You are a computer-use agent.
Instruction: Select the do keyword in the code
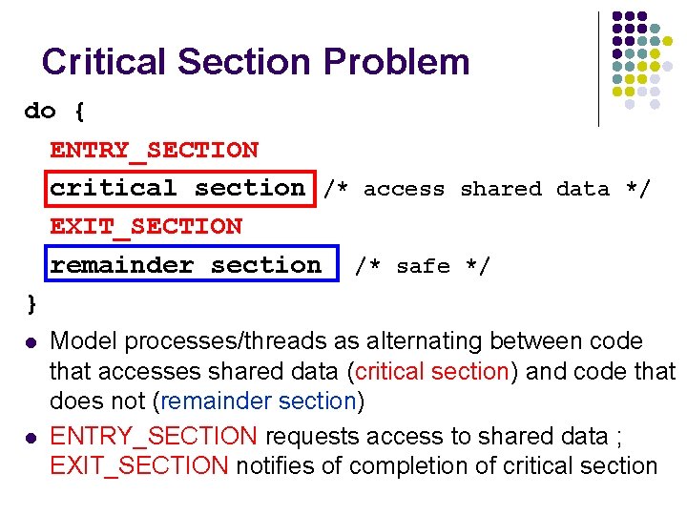(40, 112)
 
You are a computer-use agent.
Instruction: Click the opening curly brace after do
(79, 112)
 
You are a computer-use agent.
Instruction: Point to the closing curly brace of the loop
(31, 303)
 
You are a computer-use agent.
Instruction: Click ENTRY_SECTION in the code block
(154, 150)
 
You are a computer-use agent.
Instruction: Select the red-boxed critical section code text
(177, 188)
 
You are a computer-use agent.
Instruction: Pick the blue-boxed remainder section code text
(186, 265)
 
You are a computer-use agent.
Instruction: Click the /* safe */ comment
(422, 266)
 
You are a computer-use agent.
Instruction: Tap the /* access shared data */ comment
(487, 189)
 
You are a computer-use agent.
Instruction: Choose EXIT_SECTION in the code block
(146, 226)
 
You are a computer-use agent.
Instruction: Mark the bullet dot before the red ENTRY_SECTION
(31, 438)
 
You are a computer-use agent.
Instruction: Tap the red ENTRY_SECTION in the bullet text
(153, 437)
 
